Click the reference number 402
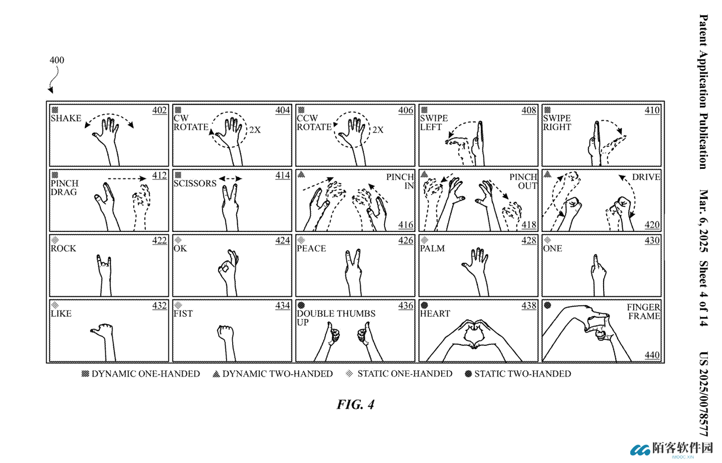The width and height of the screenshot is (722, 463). (159, 110)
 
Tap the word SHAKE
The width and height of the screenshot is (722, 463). (66, 118)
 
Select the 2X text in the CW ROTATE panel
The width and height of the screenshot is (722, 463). (255, 130)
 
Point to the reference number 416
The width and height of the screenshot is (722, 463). (406, 224)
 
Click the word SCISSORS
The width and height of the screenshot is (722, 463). (195, 183)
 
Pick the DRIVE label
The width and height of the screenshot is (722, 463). (646, 177)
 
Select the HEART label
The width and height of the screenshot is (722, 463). (435, 314)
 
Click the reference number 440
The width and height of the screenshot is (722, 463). (652, 355)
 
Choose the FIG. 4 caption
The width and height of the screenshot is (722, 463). (355, 404)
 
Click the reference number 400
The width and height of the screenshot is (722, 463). (57, 60)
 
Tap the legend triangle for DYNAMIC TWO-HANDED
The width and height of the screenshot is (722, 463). (216, 374)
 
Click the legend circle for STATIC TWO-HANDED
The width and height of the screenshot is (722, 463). (468, 374)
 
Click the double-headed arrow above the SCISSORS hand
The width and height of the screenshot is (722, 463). (230, 179)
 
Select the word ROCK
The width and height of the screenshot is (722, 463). (63, 249)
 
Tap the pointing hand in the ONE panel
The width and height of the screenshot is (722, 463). (598, 276)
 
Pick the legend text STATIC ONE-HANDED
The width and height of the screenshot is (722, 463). (405, 374)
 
